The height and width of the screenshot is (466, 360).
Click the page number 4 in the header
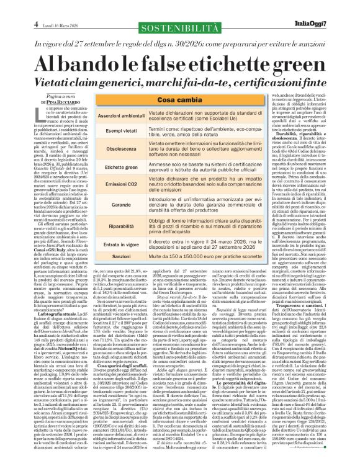pos(11,7)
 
